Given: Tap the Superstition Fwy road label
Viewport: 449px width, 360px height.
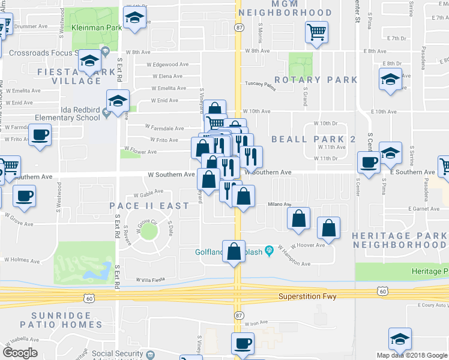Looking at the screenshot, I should click(308, 297).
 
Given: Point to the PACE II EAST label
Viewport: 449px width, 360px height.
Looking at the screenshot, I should click(149, 206).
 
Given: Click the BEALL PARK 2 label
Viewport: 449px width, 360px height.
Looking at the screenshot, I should click(314, 139).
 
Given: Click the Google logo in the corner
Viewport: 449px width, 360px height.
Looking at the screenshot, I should click(20, 352).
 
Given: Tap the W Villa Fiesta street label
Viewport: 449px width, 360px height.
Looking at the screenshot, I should click(150, 280).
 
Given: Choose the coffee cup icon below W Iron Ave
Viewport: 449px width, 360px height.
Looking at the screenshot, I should click(243, 344).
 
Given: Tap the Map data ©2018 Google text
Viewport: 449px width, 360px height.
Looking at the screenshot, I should click(412, 355).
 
